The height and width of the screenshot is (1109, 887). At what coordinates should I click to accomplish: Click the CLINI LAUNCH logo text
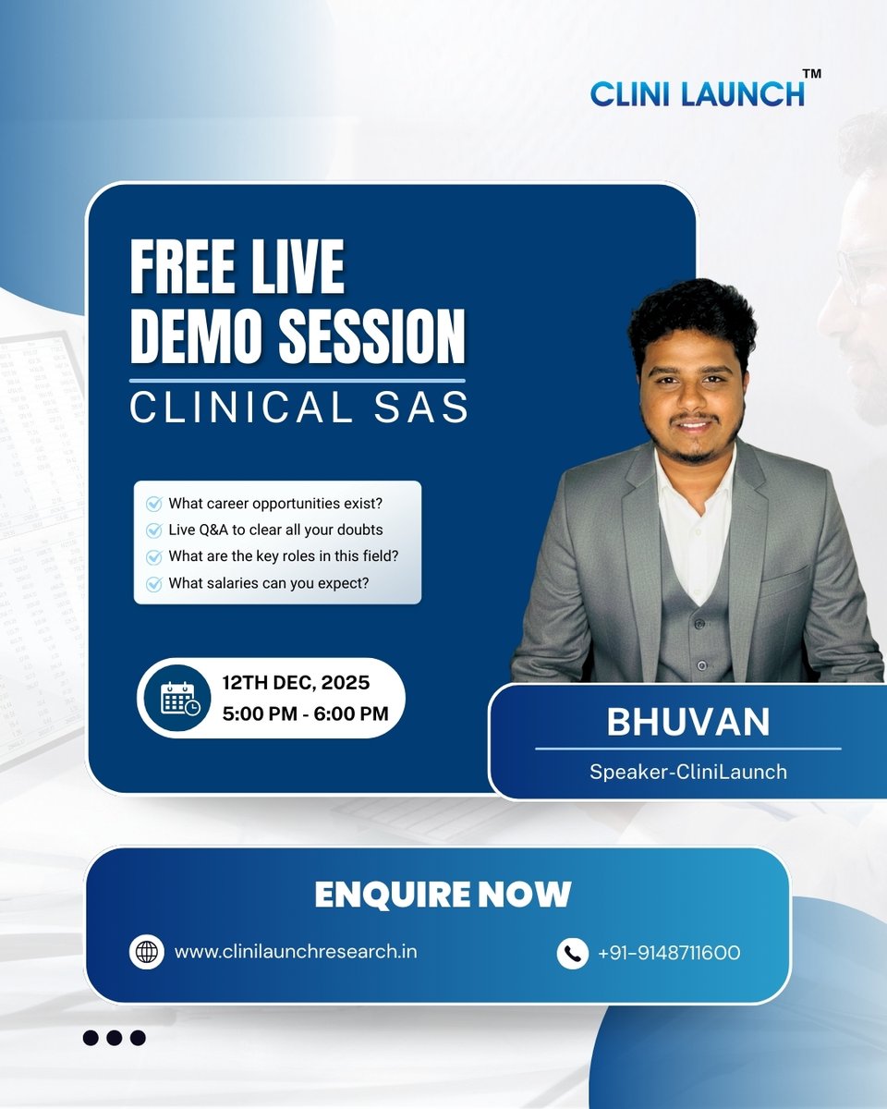tap(697, 93)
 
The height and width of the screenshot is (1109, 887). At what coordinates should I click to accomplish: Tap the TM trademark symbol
tap(812, 74)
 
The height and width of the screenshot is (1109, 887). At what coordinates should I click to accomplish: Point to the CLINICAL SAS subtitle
tap(298, 408)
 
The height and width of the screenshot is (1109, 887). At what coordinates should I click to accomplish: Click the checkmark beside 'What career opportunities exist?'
tap(154, 504)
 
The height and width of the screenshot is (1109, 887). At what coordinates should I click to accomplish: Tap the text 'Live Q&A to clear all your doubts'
tap(275, 530)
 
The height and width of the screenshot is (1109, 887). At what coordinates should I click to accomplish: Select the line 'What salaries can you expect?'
tap(269, 583)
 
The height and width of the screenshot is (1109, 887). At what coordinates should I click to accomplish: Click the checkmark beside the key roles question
tap(154, 557)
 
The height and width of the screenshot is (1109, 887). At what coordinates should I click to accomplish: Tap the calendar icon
tap(178, 699)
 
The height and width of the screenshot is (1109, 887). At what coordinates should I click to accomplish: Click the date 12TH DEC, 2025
tap(296, 684)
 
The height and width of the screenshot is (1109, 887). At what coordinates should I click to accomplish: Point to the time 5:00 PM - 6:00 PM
tap(304, 713)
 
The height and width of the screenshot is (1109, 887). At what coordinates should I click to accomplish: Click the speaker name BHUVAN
tap(687, 723)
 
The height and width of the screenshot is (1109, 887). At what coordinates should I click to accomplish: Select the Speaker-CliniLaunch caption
tap(687, 771)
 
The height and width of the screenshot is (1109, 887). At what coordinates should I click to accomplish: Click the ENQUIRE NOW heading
tap(443, 895)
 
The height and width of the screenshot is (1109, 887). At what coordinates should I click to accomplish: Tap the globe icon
tap(146, 952)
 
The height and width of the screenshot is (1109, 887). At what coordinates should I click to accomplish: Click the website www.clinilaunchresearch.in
tap(295, 951)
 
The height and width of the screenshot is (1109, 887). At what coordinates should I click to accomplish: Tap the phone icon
tap(573, 952)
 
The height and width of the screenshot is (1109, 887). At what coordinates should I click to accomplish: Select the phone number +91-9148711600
tap(669, 952)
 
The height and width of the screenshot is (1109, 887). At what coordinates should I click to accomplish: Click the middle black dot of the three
tap(114, 1038)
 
